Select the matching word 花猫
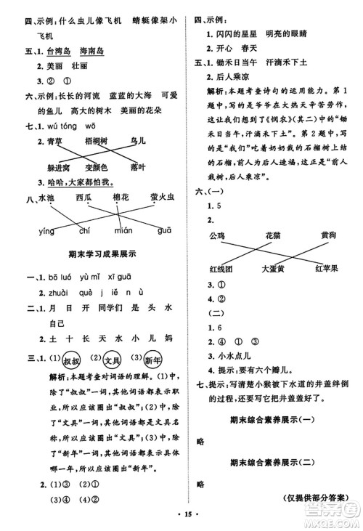(274, 236)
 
